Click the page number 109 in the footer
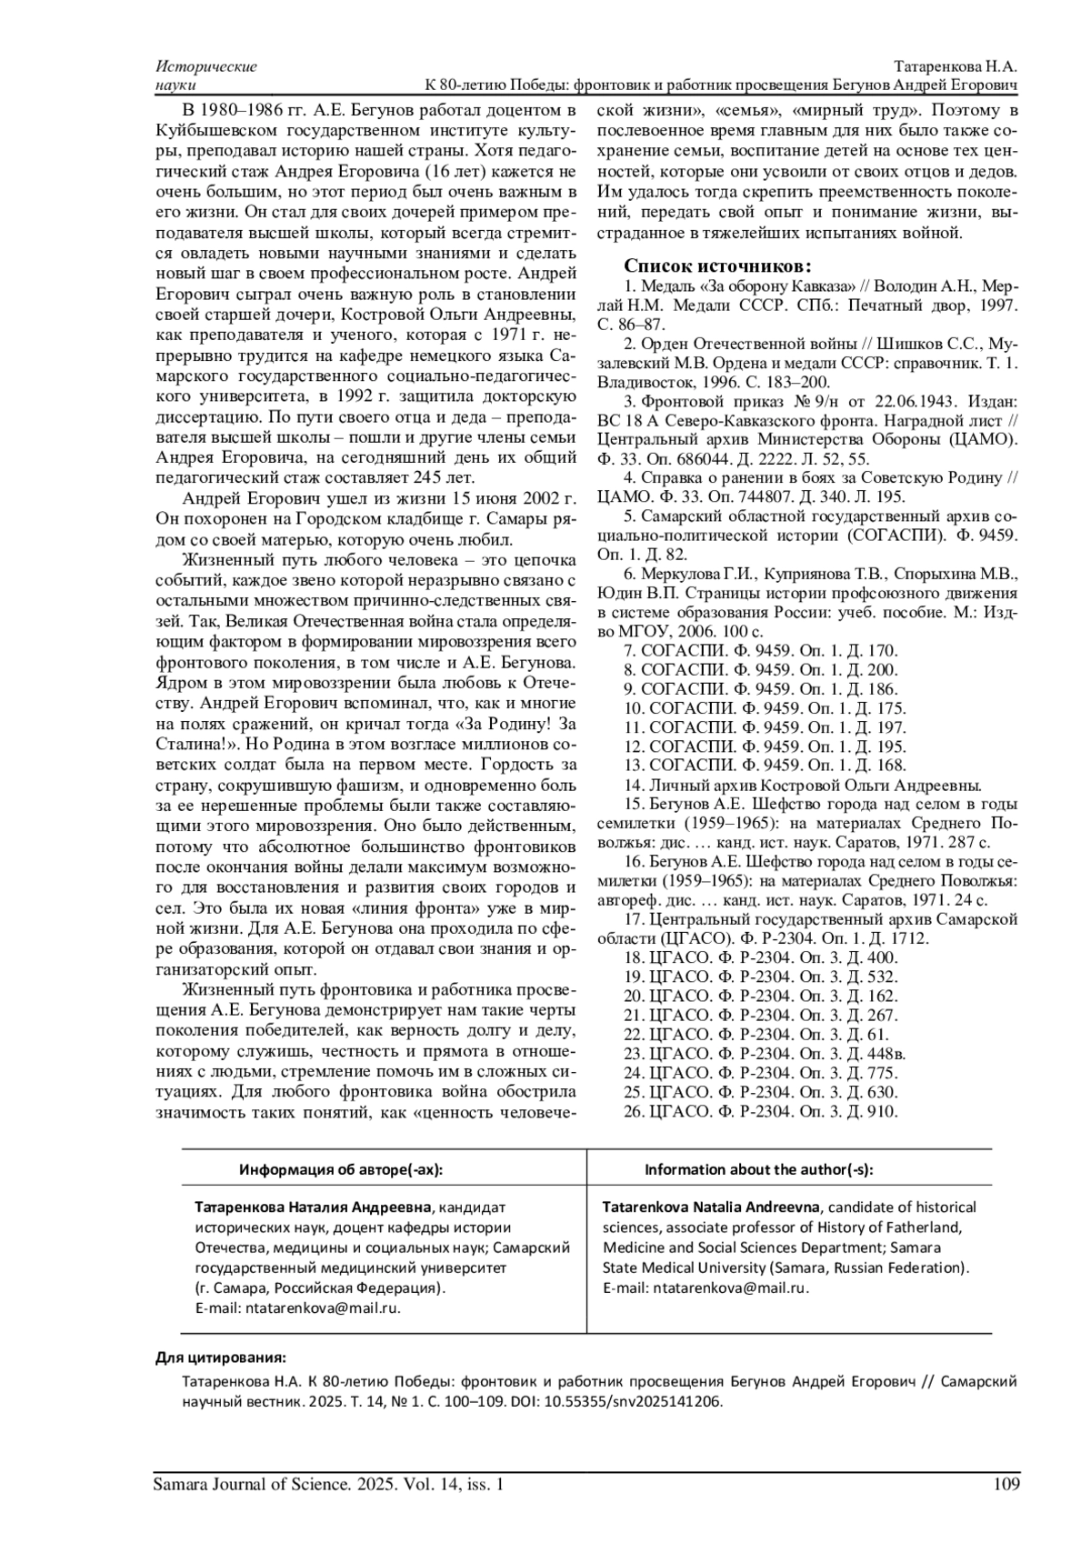point(1006,1485)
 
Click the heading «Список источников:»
point(717,266)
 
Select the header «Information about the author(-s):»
point(758,1169)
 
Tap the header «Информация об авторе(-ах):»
point(341,1169)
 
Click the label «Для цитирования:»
point(220,1358)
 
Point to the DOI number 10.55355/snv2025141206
point(633,1401)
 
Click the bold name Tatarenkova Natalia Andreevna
point(711,1207)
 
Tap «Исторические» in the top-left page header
point(206,66)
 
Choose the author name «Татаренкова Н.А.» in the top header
point(956,66)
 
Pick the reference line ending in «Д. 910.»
point(761,1111)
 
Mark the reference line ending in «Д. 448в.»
point(765,1054)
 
